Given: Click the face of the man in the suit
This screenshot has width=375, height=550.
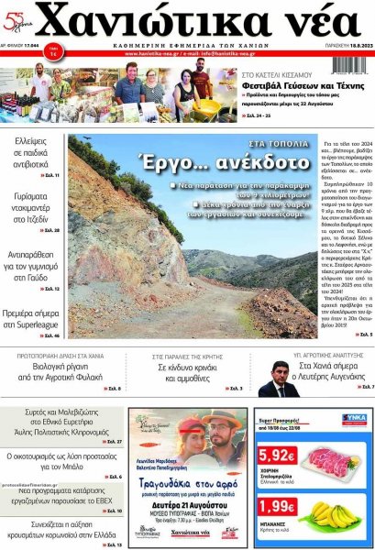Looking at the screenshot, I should click(281, 372).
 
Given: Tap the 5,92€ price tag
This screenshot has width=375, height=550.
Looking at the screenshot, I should click(277, 455).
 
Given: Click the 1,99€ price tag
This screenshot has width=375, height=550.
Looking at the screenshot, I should click(277, 506).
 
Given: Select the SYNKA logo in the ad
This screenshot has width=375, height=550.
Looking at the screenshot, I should click(353, 419).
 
